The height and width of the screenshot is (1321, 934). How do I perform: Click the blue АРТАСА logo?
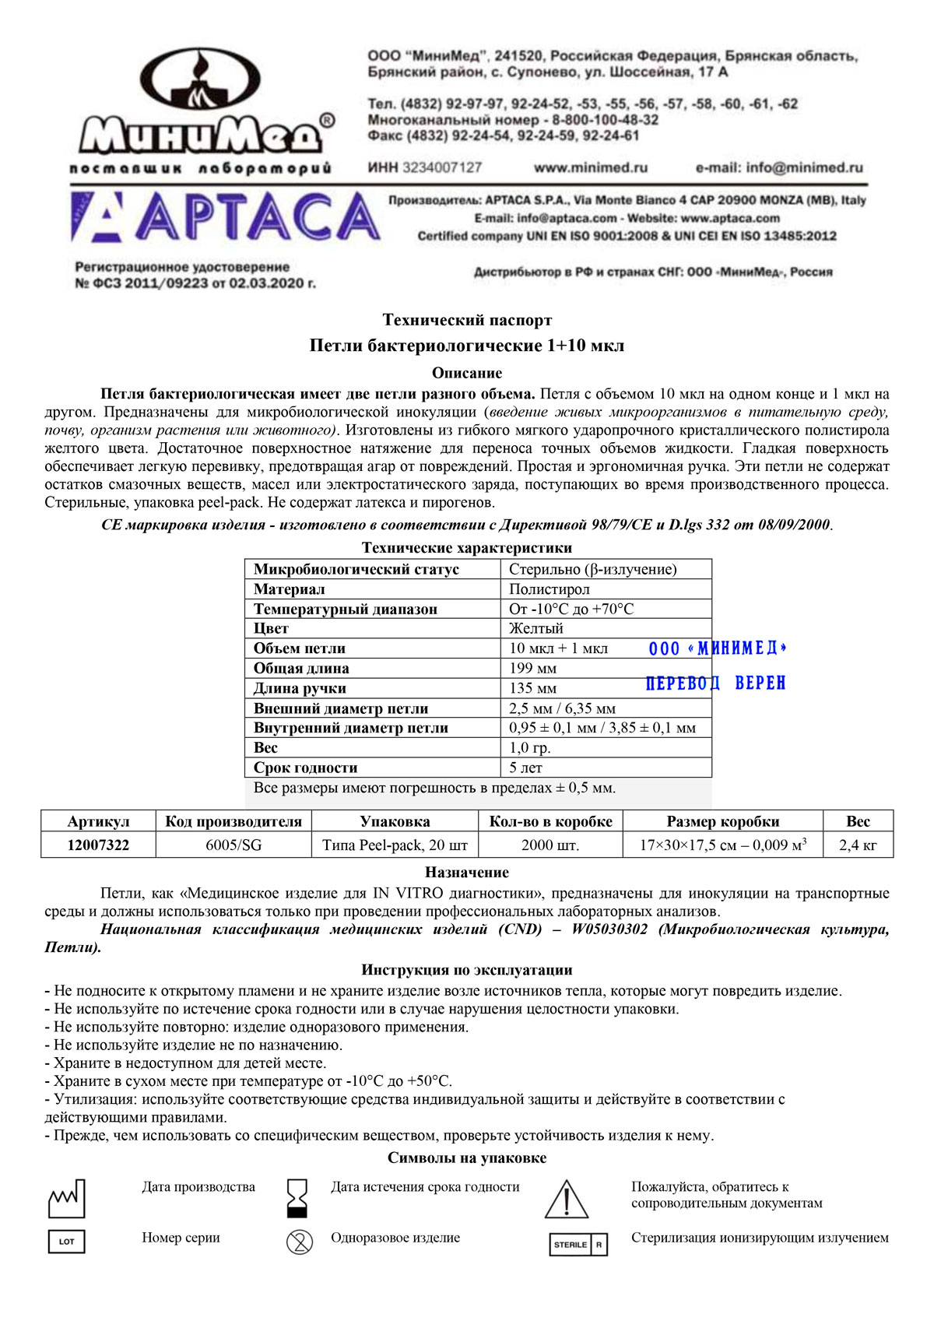(x=226, y=216)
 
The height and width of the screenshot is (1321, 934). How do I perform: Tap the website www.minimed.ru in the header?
(x=590, y=167)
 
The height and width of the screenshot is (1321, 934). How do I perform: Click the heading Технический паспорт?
(x=467, y=320)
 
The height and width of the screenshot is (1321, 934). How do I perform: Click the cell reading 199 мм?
(x=532, y=668)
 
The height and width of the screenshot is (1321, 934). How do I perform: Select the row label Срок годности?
(x=305, y=768)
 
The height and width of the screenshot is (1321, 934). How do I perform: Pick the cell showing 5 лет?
(x=525, y=768)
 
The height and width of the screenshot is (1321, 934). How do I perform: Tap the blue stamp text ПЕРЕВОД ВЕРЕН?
(x=715, y=683)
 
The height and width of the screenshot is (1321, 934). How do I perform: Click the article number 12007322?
(x=98, y=845)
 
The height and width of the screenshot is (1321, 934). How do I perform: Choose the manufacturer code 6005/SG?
(x=233, y=845)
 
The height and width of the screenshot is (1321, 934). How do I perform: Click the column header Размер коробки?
(x=722, y=821)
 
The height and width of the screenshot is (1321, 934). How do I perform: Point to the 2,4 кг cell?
(x=858, y=845)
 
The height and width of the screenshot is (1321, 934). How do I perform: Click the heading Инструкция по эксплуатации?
(x=467, y=970)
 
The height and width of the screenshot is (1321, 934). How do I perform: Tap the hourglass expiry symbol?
(x=298, y=1198)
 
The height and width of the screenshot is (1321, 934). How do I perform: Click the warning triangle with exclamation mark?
(x=567, y=1200)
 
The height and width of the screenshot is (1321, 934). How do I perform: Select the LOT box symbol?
(x=67, y=1242)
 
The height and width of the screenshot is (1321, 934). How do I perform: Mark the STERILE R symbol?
(x=578, y=1244)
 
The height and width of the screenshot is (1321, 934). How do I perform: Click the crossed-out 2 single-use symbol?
(x=300, y=1242)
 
